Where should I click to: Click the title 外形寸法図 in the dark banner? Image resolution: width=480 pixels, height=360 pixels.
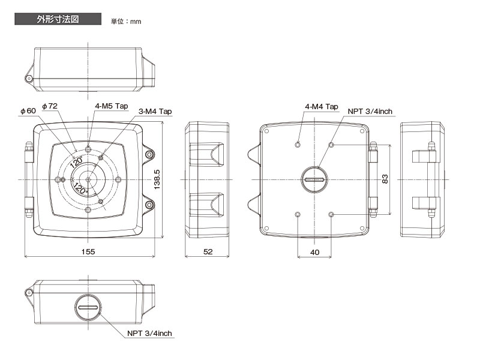point(58,19)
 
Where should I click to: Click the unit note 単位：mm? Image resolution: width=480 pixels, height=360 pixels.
point(126,22)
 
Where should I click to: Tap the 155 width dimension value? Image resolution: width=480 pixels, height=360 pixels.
point(88,251)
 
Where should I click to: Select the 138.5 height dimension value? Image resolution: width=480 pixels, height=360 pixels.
point(157,179)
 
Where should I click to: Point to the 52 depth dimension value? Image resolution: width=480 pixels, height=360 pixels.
point(208,251)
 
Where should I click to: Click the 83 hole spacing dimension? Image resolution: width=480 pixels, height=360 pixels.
point(385,179)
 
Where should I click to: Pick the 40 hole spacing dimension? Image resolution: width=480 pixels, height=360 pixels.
point(314,252)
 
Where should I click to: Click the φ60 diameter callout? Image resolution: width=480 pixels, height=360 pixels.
point(28,111)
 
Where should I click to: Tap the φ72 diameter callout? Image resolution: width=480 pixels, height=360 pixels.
point(50,106)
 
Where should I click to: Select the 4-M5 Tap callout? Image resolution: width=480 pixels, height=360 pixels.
point(112,106)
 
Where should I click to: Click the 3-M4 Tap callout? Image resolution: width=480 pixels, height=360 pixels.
point(155,112)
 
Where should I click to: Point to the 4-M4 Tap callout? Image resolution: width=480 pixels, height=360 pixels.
point(322,107)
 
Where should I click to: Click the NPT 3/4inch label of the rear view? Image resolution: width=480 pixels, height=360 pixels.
point(370,112)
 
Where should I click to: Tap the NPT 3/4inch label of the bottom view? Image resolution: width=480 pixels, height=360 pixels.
point(149,334)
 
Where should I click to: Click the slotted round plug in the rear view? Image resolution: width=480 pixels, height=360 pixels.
point(314,179)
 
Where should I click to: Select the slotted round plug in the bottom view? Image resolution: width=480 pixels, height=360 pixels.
point(88,307)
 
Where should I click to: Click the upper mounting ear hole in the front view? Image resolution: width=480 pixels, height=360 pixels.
point(149,154)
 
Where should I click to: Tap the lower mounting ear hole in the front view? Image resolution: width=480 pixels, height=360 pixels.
point(149,205)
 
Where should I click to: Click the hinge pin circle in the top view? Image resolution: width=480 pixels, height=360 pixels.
point(29,79)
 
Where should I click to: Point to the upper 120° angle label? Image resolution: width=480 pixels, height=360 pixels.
point(76,162)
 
